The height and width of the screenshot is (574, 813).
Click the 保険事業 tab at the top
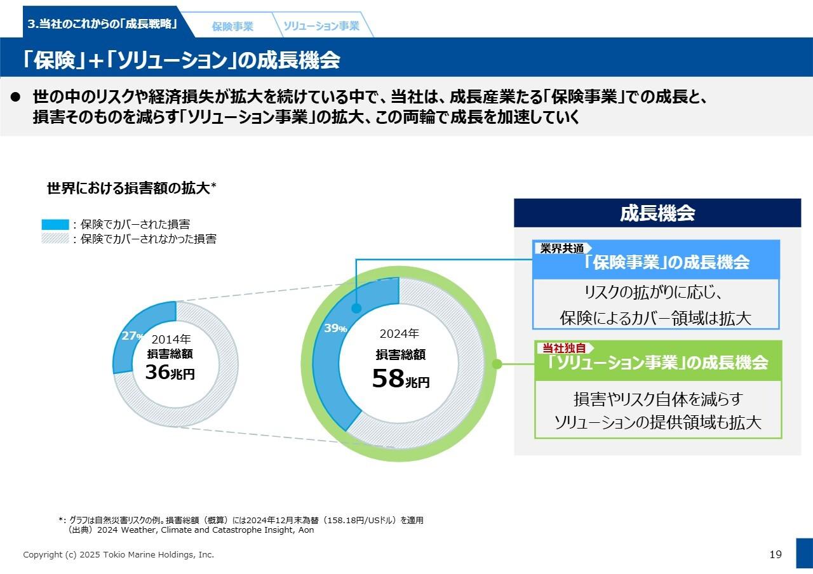click(x=232, y=27)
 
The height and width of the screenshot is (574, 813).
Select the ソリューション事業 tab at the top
click(x=321, y=26)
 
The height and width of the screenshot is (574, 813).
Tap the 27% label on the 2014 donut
click(x=132, y=336)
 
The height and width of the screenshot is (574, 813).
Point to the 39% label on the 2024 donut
click(x=335, y=328)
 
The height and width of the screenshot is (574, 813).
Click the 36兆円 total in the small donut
click(x=170, y=373)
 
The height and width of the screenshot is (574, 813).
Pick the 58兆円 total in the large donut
click(x=400, y=379)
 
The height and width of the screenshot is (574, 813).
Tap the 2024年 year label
click(x=400, y=333)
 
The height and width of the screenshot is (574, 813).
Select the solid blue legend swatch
click(x=55, y=224)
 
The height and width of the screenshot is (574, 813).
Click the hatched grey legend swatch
click(x=55, y=239)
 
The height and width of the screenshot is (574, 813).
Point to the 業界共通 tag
click(x=562, y=248)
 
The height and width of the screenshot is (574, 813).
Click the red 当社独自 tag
click(x=564, y=348)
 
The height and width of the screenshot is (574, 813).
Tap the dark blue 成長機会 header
click(x=657, y=213)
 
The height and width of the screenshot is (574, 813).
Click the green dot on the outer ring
click(x=497, y=364)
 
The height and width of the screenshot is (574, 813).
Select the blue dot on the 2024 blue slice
click(x=356, y=308)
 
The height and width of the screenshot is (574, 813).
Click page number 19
click(x=776, y=554)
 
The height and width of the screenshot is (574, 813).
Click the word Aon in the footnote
click(x=306, y=530)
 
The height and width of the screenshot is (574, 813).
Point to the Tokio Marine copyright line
click(x=119, y=554)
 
